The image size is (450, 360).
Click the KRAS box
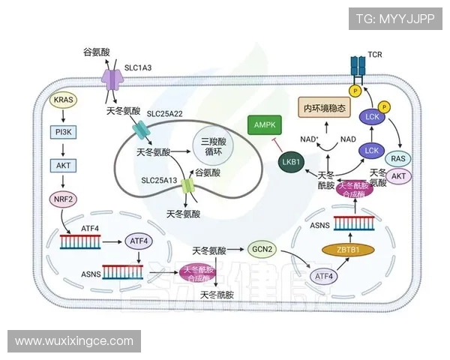pos(64,99)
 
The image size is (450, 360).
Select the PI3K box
pos(64,131)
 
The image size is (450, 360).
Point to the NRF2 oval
pos(64,199)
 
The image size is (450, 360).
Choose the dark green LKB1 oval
pos(289,160)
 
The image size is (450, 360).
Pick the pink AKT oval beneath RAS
pos(399,176)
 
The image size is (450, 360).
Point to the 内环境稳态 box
pos(325,108)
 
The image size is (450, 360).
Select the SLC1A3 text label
pos(137,68)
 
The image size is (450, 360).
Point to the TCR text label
pos(375,55)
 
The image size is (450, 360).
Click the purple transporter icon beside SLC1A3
pos(112,76)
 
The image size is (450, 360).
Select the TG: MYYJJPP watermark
pos(394,19)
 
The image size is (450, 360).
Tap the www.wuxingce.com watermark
pos(73,341)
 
